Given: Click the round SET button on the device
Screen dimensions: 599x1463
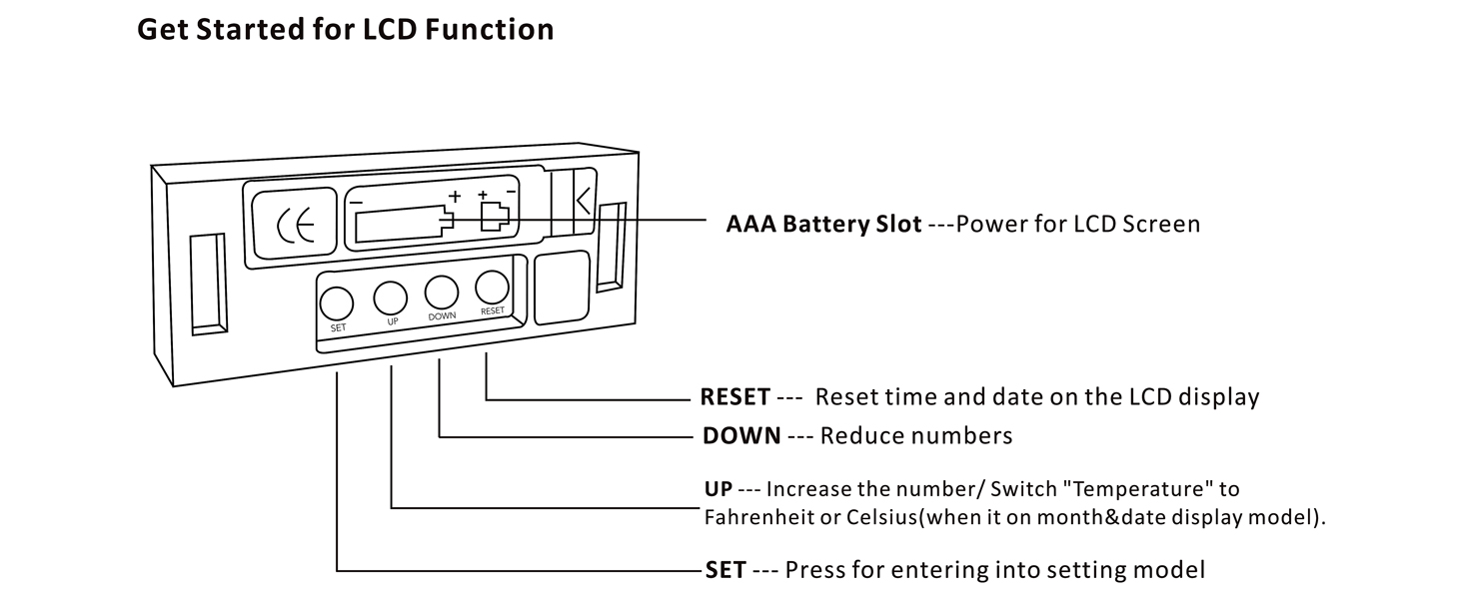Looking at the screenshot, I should pos(337,302).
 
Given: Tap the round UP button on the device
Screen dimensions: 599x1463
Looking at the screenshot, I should pos(391,298).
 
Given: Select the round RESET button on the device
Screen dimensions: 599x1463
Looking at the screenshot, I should pos(492,288).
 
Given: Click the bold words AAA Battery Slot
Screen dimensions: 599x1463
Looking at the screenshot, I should pos(823,224).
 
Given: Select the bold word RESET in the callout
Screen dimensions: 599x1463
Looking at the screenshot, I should pos(734,397).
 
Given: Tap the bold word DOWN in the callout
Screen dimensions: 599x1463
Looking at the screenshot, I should pos(740,436).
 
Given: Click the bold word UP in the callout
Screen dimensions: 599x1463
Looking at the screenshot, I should pos(719,489).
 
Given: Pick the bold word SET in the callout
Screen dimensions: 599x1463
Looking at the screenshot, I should pos(725,570).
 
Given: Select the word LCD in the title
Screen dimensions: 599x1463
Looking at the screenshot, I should pos(385,30).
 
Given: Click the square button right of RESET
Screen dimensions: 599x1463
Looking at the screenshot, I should pos(562,288).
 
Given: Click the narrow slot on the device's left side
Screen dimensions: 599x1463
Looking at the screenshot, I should pos(208,284).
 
